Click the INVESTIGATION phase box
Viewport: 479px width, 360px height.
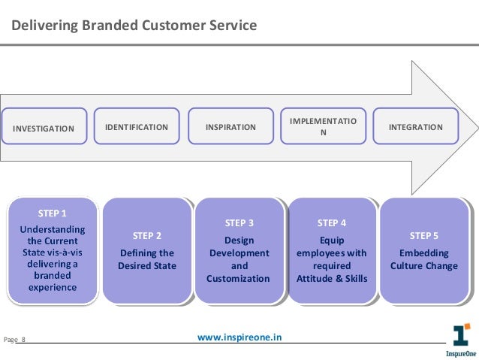(44, 128)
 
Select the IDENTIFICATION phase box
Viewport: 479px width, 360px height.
(136, 127)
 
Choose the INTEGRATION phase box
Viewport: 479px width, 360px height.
(415, 127)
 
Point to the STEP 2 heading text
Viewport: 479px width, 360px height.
(146, 236)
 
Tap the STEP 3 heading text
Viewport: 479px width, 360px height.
(239, 222)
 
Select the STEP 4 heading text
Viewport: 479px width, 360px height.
(332, 222)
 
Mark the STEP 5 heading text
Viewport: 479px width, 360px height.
(425, 236)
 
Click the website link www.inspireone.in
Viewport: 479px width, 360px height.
(239, 338)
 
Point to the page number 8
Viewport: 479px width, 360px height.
(23, 340)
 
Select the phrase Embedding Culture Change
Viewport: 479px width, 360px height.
(425, 259)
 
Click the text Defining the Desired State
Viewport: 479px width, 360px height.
(146, 259)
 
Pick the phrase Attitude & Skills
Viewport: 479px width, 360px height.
(332, 279)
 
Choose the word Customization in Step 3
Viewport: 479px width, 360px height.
(239, 279)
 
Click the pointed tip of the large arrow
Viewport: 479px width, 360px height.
(474, 126)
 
